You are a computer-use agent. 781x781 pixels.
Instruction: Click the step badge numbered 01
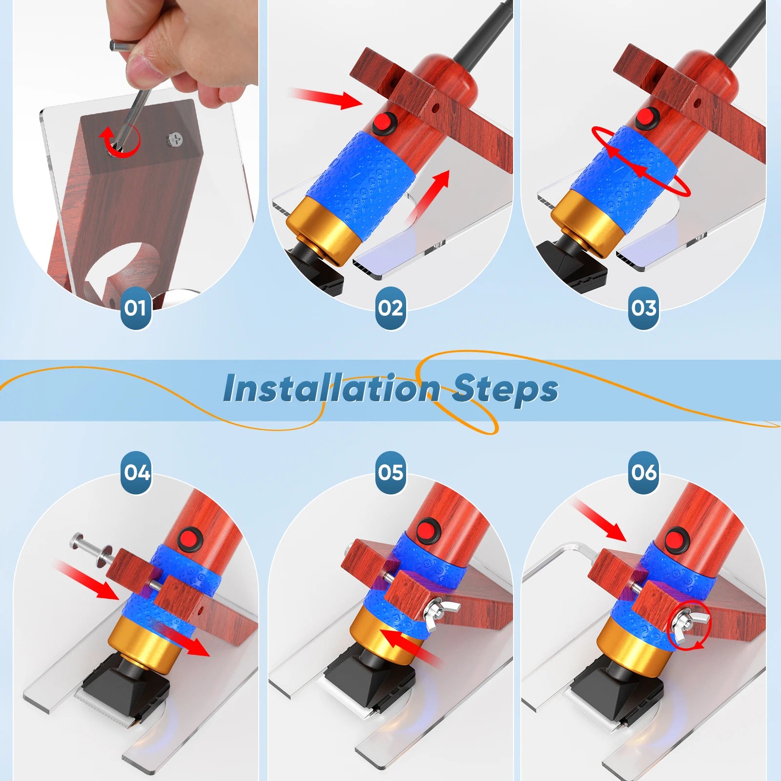pyautogui.click(x=135, y=308)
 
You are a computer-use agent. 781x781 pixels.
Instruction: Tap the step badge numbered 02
pyautogui.click(x=390, y=308)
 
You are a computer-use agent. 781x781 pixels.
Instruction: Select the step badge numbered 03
pyautogui.click(x=644, y=308)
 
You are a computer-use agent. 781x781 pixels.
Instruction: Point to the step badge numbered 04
pyautogui.click(x=137, y=472)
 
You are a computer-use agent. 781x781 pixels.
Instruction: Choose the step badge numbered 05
pyautogui.click(x=390, y=472)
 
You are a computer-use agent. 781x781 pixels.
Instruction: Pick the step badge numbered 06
pyautogui.click(x=644, y=472)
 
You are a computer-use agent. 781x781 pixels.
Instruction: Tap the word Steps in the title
pyautogui.click(x=505, y=390)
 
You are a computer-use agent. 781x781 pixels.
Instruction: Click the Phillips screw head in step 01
pyautogui.click(x=177, y=140)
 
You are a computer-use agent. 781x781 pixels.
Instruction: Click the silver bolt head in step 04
pyautogui.click(x=79, y=541)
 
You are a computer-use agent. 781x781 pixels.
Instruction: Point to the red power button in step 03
pyautogui.click(x=647, y=119)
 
